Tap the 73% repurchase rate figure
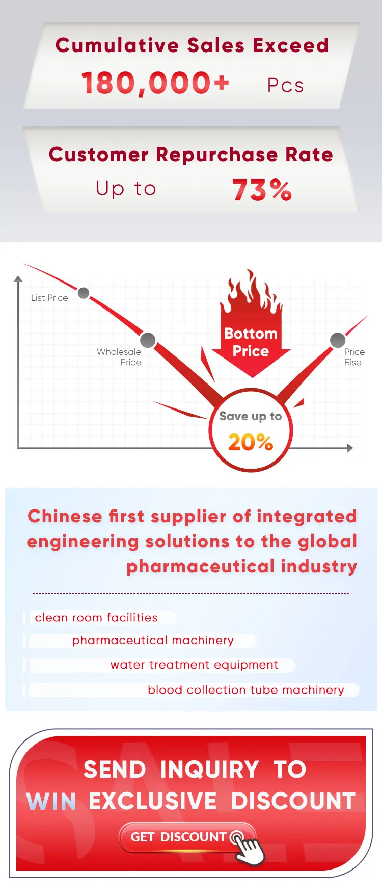[x=262, y=190]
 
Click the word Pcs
[x=285, y=86]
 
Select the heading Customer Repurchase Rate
[x=191, y=154]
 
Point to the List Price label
[x=49, y=298]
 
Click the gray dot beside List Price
[x=84, y=293]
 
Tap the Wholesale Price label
[x=119, y=357]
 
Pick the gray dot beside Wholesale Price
[x=148, y=340]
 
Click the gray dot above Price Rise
[x=338, y=340]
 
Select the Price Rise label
[x=354, y=357]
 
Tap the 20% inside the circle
[x=251, y=442]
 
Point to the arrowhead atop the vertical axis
[x=18, y=279]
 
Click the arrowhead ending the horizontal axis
[x=349, y=448]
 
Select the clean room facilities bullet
[x=96, y=618]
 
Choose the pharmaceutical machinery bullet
[x=153, y=641]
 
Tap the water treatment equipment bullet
[x=194, y=665]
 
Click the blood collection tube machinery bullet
[x=245, y=690]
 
